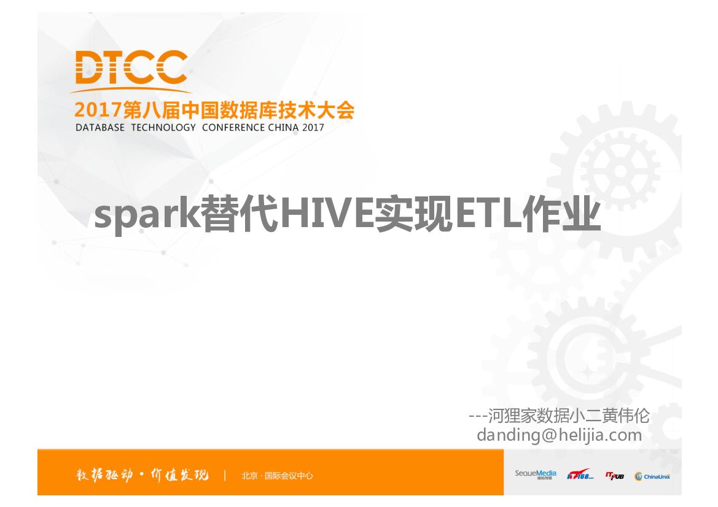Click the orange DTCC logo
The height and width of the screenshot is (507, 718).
(x=131, y=68)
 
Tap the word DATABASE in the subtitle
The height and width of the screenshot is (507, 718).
(x=100, y=128)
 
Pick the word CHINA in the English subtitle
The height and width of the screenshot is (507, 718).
(x=284, y=128)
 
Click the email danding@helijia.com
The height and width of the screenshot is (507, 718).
(x=559, y=435)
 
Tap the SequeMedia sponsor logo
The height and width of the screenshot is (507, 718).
(x=536, y=474)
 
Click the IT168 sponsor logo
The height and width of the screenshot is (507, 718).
(x=579, y=474)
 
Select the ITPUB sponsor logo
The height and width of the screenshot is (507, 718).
(x=614, y=474)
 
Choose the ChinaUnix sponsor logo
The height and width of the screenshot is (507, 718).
(x=652, y=476)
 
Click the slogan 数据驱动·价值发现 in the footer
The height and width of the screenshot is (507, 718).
(x=142, y=474)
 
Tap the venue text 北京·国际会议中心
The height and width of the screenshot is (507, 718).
(x=277, y=475)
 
